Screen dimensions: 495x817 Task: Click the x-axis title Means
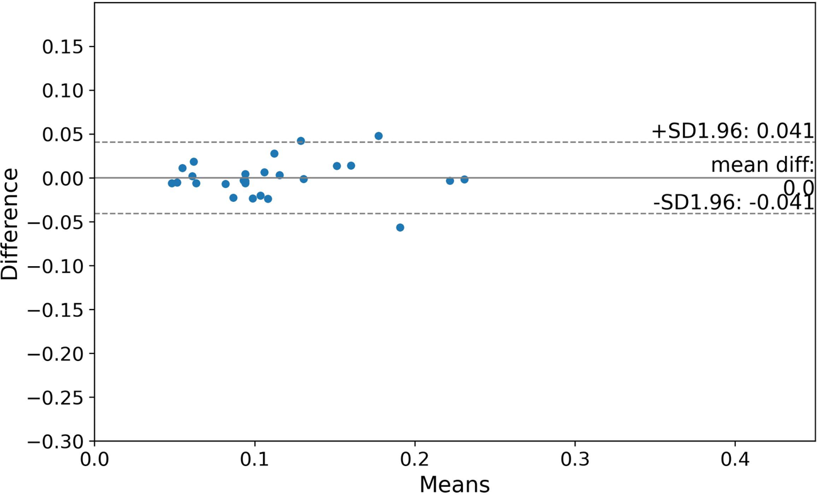454,484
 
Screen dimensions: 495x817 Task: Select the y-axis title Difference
10,223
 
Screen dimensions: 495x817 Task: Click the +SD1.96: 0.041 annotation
733,131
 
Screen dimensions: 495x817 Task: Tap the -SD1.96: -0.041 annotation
733,203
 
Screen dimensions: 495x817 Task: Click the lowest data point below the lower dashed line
400,228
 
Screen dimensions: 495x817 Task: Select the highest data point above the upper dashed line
379,136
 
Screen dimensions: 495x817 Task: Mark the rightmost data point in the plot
464,179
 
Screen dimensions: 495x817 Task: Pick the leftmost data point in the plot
172,183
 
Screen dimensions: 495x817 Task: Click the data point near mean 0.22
450,181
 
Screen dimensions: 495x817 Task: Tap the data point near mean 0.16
351,166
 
